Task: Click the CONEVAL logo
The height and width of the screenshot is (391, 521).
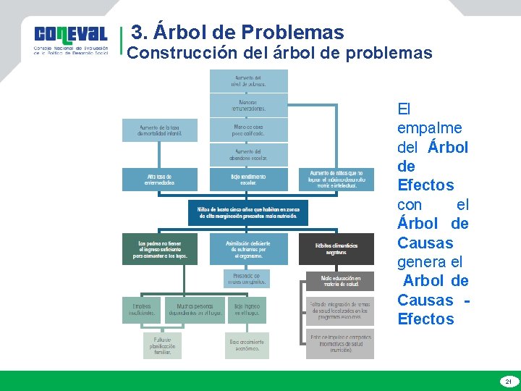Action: tap(71, 41)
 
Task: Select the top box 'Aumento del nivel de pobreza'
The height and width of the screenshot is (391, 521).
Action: tap(248, 80)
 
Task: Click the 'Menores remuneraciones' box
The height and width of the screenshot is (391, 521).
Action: tap(248, 106)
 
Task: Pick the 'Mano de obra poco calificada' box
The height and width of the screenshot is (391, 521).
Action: tap(248, 130)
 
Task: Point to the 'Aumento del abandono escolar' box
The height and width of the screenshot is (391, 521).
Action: tap(248, 154)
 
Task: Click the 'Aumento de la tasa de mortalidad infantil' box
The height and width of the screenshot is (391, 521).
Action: tap(159, 130)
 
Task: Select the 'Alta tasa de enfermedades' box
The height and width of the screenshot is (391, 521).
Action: tap(159, 180)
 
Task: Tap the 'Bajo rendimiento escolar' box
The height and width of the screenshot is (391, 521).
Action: tap(248, 180)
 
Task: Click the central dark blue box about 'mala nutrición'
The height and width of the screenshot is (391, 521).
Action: tap(248, 211)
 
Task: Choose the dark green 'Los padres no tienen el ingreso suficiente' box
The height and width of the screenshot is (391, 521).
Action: tap(159, 248)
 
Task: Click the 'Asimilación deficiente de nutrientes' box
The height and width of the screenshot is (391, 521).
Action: tap(248, 248)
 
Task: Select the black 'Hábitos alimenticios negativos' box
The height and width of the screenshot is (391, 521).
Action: tap(337, 248)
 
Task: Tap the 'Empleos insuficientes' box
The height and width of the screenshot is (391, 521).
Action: tap(141, 310)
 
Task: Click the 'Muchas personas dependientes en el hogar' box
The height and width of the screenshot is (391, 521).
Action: tap(195, 310)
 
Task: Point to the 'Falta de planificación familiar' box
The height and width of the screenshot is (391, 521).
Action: tap(162, 345)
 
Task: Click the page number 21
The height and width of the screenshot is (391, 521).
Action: tap(508, 381)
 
